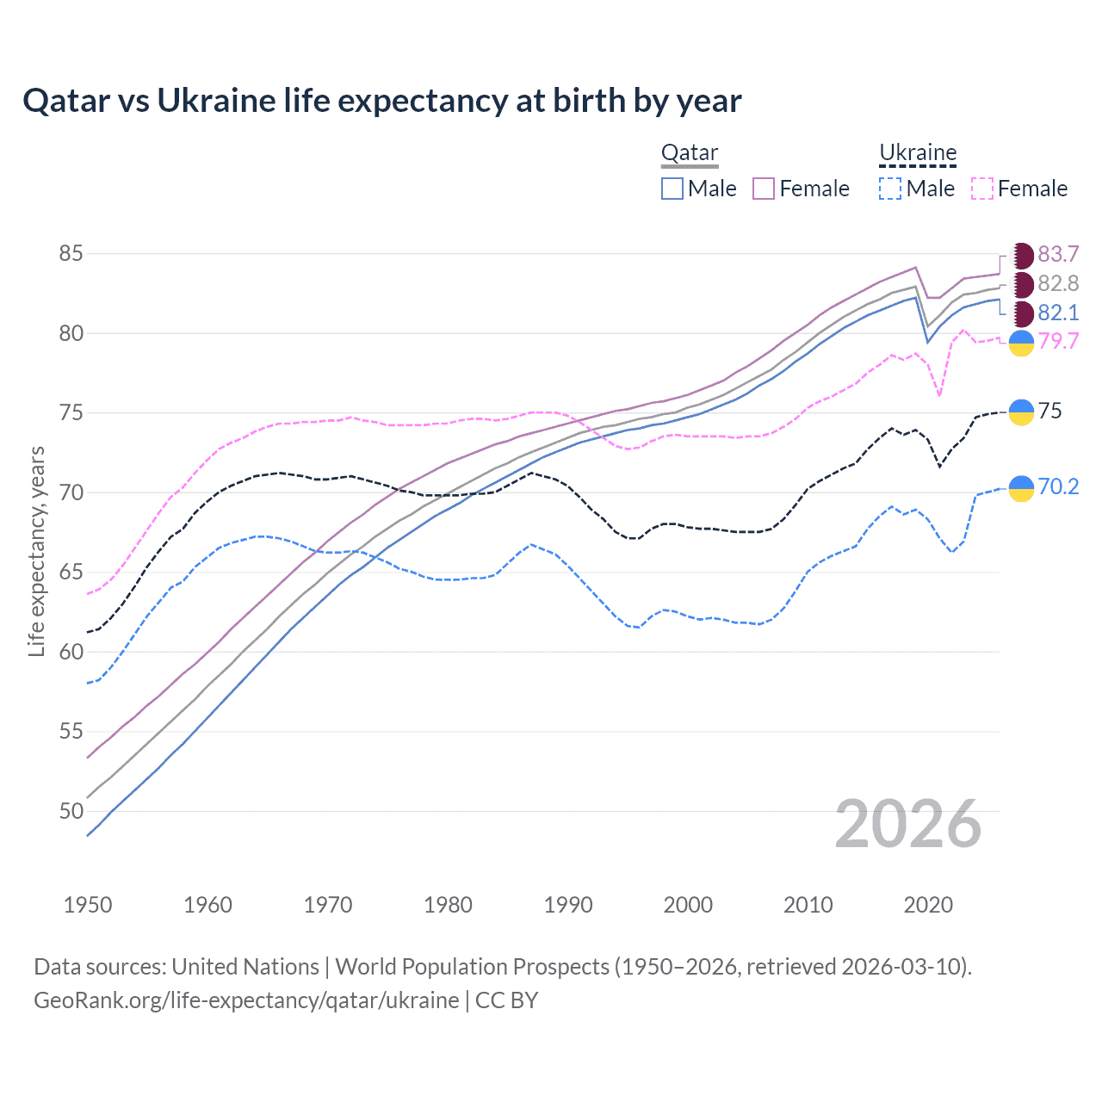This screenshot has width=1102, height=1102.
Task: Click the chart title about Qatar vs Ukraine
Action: pyautogui.click(x=381, y=101)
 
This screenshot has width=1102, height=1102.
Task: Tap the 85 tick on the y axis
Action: pyautogui.click(x=71, y=254)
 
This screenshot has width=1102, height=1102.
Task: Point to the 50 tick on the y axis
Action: pyautogui.click(x=71, y=811)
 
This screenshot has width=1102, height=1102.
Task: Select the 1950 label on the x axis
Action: pyautogui.click(x=88, y=905)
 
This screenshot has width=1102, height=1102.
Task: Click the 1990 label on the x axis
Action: pyautogui.click(x=568, y=905)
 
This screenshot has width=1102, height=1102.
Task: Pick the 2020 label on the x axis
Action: pyautogui.click(x=928, y=905)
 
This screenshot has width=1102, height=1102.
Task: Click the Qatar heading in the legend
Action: pyautogui.click(x=689, y=153)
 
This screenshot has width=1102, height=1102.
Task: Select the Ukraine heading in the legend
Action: pyautogui.click(x=918, y=153)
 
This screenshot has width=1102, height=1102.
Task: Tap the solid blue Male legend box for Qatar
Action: pyautogui.click(x=672, y=189)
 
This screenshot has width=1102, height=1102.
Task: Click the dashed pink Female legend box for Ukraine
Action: pyautogui.click(x=982, y=189)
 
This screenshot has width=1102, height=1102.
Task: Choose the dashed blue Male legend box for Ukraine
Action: pyautogui.click(x=890, y=189)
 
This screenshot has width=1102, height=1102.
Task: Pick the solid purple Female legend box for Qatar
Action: pyautogui.click(x=764, y=189)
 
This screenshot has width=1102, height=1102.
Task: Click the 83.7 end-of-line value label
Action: pyautogui.click(x=1058, y=255)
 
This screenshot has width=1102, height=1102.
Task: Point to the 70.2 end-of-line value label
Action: pyautogui.click(x=1058, y=487)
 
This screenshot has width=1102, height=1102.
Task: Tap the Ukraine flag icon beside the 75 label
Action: pyautogui.click(x=1021, y=412)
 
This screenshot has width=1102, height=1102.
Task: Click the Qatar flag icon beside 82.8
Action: pyautogui.click(x=1022, y=284)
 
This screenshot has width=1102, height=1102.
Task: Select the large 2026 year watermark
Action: pyautogui.click(x=907, y=825)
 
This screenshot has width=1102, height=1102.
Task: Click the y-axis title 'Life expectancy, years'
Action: pyautogui.click(x=36, y=551)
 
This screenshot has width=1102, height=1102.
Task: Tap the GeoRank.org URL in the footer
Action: pyautogui.click(x=246, y=1000)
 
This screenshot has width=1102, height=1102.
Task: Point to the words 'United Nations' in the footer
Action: pyautogui.click(x=245, y=967)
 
